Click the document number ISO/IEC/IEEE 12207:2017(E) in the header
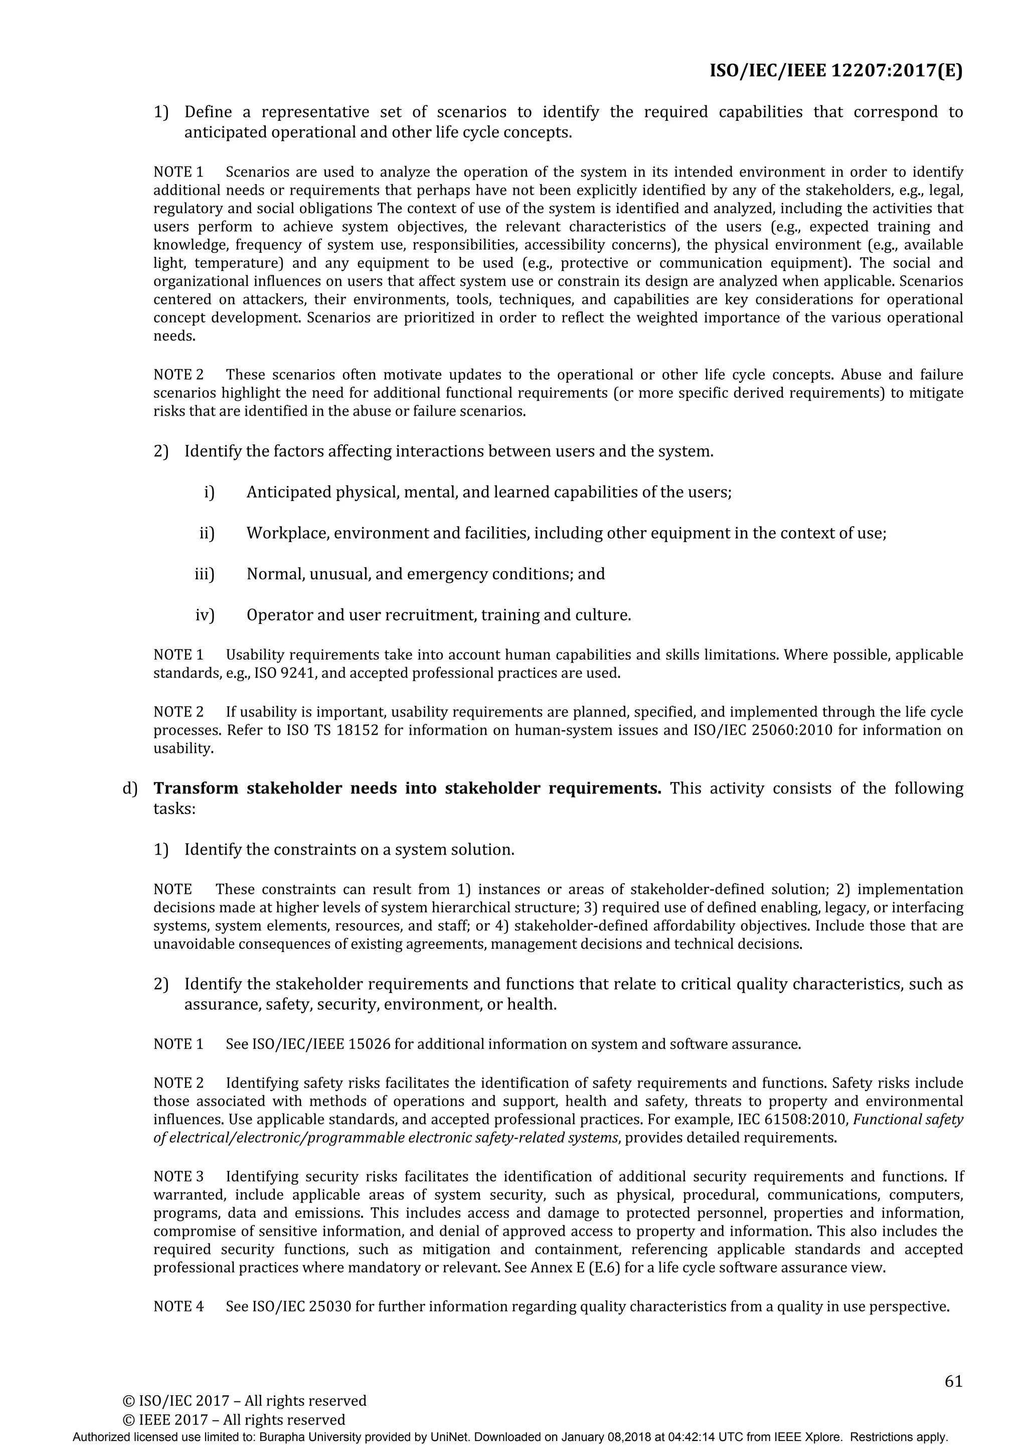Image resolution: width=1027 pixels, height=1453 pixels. [x=835, y=71]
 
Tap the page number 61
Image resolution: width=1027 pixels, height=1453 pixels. [x=953, y=1381]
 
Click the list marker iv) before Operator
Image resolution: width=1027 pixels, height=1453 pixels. [x=205, y=615]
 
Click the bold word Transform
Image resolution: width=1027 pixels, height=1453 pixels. [x=196, y=788]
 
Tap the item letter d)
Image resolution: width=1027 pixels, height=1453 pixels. [x=130, y=788]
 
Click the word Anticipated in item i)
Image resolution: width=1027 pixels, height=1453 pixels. [x=288, y=492]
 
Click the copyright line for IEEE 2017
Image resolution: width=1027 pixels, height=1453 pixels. [x=234, y=1419]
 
